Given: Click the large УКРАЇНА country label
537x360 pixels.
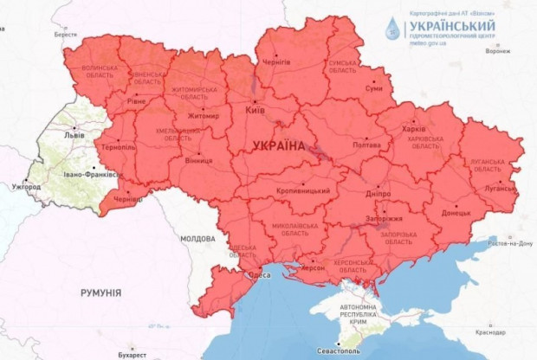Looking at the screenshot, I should [279, 146].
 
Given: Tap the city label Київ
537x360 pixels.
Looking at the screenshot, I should [255, 112].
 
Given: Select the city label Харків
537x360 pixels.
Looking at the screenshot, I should [415, 131].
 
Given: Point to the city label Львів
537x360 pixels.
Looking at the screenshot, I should [75, 136].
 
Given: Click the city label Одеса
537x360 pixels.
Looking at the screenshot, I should [260, 275].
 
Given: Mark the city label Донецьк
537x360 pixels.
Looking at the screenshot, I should [456, 211].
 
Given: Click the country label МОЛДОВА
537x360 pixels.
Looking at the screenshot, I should [197, 238].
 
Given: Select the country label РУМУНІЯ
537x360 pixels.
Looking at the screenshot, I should [100, 292].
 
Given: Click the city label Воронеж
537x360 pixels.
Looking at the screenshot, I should [497, 51].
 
